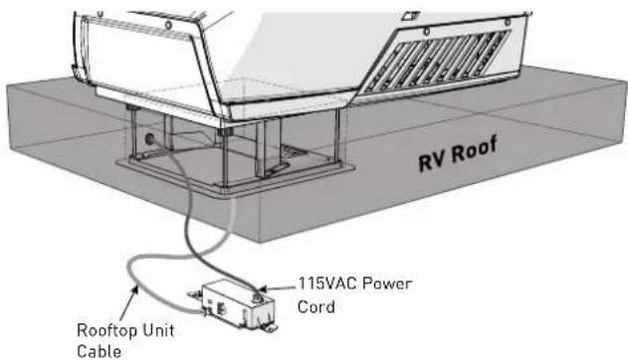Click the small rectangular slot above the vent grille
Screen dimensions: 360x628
tap(408, 17)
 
